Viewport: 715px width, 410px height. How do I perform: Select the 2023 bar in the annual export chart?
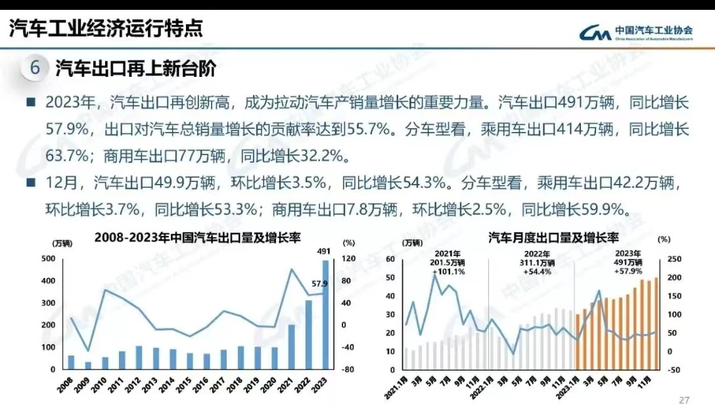pyautogui.click(x=325, y=315)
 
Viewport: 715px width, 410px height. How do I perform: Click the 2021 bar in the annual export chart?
pyautogui.click(x=291, y=347)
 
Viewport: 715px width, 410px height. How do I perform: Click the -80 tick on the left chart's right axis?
pyautogui.click(x=348, y=370)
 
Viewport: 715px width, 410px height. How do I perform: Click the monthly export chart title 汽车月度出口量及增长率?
pyautogui.click(x=553, y=238)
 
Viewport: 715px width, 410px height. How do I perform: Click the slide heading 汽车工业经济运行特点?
pyautogui.click(x=105, y=28)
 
